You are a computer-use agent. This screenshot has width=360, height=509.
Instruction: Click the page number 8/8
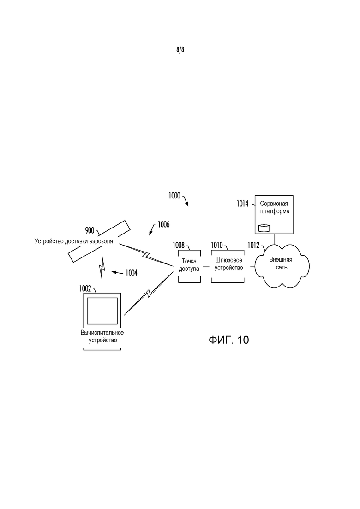[180, 49]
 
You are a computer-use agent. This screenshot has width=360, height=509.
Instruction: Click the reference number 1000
[174, 196]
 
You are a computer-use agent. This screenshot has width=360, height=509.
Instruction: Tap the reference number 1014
[242, 204]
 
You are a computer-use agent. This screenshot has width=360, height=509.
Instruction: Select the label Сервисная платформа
[274, 208]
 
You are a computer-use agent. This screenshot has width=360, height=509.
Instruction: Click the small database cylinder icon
[264, 228]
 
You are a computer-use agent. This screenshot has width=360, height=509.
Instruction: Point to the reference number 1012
[253, 246]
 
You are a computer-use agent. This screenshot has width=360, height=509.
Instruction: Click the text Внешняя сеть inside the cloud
[281, 263]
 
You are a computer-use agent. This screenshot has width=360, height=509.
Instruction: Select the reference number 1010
[217, 245]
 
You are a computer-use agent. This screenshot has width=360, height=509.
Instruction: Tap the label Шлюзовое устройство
[229, 264]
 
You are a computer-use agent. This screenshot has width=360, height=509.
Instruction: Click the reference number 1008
[179, 245]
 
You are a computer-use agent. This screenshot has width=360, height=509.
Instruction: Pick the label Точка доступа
[189, 265]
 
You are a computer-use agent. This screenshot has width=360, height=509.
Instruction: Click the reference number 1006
[163, 225]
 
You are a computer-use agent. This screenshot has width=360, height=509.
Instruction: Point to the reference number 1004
[132, 273]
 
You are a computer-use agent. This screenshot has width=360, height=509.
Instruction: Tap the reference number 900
[90, 230]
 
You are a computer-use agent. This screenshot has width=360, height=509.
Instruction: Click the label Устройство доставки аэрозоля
[74, 241]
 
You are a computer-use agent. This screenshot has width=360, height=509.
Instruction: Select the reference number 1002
[85, 288]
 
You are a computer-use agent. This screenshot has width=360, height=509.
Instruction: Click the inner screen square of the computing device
[102, 311]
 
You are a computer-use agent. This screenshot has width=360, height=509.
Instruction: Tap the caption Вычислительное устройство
[102, 336]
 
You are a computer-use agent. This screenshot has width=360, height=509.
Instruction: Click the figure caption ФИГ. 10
[229, 340]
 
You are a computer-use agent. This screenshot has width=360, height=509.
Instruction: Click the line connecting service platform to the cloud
[274, 239]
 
